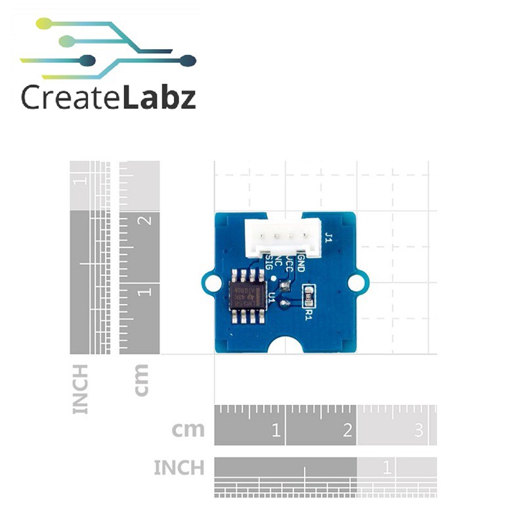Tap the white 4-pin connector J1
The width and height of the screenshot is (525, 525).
[x=283, y=237]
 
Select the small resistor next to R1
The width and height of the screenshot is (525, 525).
[x=306, y=295]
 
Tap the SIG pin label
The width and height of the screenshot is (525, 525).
[x=268, y=265]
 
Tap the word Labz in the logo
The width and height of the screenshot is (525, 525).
[x=158, y=98]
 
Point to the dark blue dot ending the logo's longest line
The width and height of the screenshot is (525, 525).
[x=188, y=61]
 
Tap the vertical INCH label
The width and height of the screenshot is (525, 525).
[x=80, y=389]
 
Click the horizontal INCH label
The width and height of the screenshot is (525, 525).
[x=178, y=468]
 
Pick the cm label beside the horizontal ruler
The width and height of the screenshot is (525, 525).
[x=188, y=430]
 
